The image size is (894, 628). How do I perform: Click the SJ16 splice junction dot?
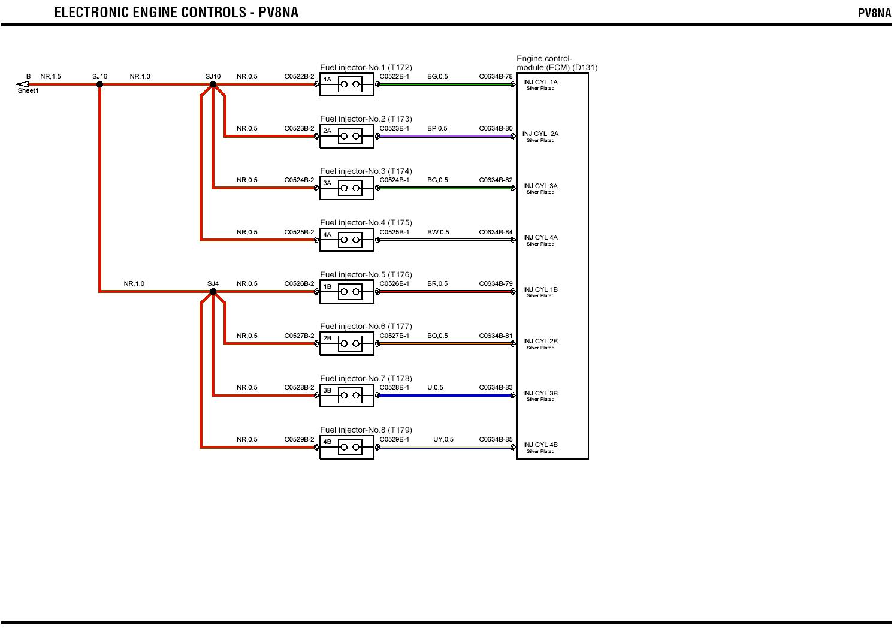(100, 84)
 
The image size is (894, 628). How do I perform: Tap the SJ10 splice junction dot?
(213, 84)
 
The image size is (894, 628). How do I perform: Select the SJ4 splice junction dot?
(213, 292)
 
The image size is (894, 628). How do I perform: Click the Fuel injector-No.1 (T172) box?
(347, 84)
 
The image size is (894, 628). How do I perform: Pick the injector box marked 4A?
(347, 240)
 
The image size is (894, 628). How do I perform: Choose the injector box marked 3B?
(347, 395)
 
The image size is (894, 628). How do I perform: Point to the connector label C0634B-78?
(496, 76)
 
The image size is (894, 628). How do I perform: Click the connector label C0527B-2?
(299, 336)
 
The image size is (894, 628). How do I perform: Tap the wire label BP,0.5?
(437, 128)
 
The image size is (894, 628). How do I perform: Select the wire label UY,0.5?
(443, 439)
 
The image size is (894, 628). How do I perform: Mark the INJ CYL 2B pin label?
(540, 342)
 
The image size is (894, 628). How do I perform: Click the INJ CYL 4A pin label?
(540, 238)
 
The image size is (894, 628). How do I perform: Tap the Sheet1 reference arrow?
(23, 84)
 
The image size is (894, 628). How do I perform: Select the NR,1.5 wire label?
(50, 76)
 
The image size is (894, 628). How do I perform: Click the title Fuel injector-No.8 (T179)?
(366, 430)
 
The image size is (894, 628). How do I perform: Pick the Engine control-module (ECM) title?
(557, 63)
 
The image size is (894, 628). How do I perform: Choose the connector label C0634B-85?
(496, 439)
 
